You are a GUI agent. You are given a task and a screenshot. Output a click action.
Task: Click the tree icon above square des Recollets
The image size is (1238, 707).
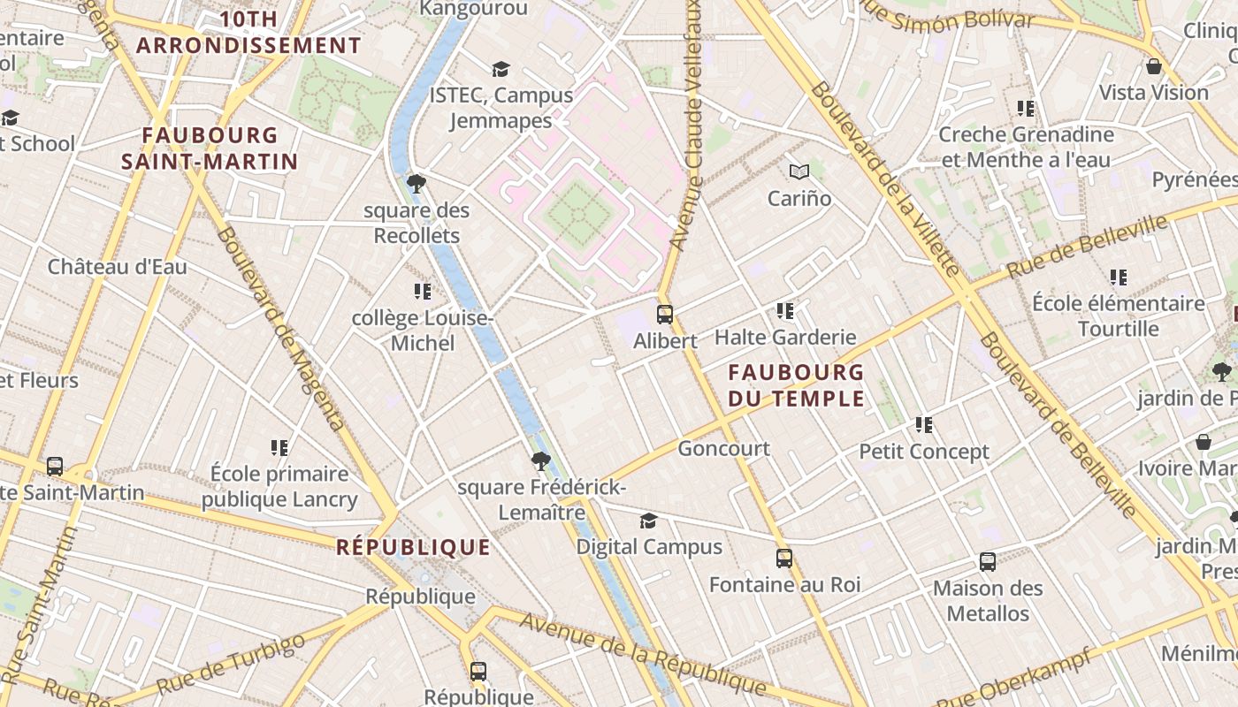[x=416, y=184]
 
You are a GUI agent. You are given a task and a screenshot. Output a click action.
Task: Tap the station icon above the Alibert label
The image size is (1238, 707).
[x=664, y=314]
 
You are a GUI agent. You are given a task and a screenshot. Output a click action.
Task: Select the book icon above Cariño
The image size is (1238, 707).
[x=799, y=171]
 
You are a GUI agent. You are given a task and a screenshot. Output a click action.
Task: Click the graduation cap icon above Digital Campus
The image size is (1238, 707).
[x=648, y=521]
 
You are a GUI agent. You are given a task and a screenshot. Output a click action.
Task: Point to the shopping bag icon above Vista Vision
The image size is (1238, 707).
[x=1153, y=66]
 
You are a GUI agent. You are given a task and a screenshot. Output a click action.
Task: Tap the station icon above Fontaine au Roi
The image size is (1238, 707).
[x=783, y=559]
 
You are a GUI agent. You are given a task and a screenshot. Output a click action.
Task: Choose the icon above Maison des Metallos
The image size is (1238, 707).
[x=987, y=562]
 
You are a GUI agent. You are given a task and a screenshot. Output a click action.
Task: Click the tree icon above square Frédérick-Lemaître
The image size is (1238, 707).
[x=540, y=460]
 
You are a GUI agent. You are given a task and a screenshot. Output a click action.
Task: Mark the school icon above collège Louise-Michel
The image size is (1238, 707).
[x=422, y=291]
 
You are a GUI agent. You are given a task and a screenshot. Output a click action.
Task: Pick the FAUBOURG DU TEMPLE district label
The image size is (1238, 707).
[x=796, y=385]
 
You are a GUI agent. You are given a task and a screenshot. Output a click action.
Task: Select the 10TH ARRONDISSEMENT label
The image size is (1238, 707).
[x=248, y=33]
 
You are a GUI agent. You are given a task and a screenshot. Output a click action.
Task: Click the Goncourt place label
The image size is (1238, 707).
[x=723, y=449]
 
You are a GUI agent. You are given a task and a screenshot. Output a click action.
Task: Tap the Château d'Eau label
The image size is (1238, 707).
[x=118, y=267]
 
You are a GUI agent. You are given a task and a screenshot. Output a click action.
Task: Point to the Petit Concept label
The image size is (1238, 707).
[x=924, y=452]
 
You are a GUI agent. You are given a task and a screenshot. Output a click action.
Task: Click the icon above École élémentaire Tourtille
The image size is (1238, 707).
[x=1118, y=277]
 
